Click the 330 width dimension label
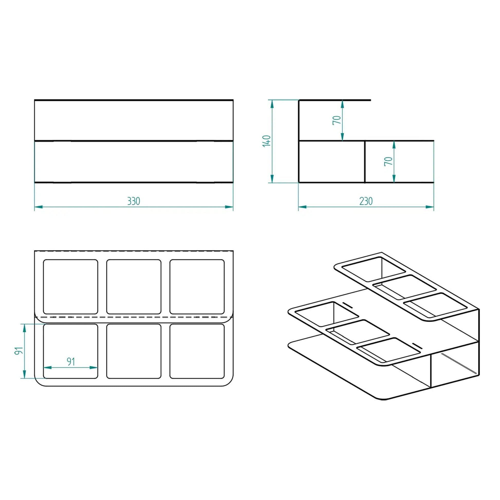134,201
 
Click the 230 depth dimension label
366,201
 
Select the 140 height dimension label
266,141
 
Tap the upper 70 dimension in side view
337,120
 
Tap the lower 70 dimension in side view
388,161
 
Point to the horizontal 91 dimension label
71,362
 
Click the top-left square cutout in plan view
70,287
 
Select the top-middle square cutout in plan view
134,287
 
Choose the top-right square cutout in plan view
197,287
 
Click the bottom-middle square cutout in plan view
134,351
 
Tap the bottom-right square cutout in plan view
197,351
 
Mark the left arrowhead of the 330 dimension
38,207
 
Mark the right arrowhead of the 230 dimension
430,207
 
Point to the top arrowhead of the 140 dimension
272,104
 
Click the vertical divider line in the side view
365,162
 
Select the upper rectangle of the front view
134,120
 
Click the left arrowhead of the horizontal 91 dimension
47,367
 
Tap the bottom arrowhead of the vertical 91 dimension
25,374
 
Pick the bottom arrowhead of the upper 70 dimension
342,137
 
